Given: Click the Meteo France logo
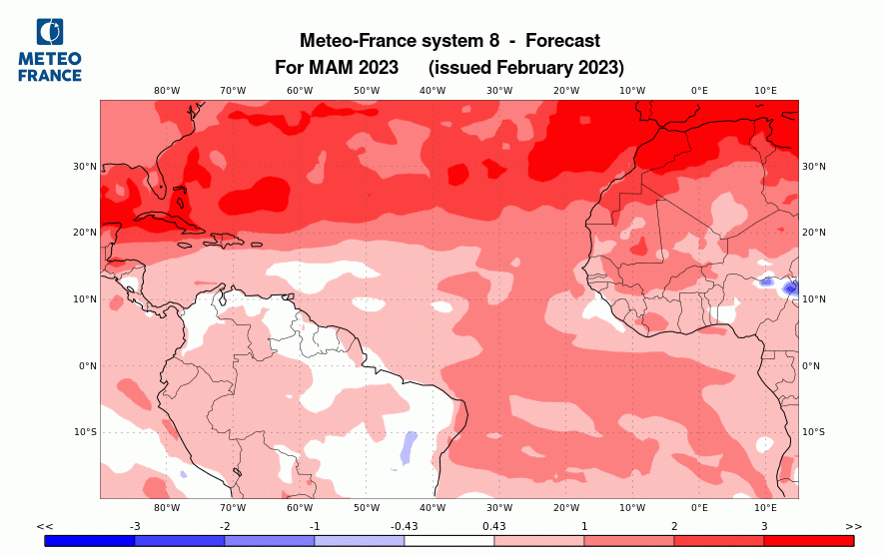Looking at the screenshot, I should (x=50, y=50).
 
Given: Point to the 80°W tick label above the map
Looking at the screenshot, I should (x=167, y=91).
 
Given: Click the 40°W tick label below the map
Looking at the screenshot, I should (x=433, y=508).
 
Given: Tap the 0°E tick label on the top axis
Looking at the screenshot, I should (x=699, y=91).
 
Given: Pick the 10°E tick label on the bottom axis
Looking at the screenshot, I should (x=765, y=508).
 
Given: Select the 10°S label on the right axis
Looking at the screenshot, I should (x=814, y=432).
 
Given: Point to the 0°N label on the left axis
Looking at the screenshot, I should (x=87, y=366).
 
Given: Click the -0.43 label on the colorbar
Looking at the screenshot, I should (x=405, y=526).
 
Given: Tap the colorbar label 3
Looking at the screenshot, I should (x=764, y=526).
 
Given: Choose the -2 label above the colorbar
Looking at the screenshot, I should (x=225, y=526).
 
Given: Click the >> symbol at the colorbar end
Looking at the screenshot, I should (x=853, y=526).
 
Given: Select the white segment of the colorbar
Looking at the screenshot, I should (x=449, y=540).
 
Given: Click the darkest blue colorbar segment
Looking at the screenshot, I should (x=90, y=540).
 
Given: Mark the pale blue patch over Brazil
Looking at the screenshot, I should (x=408, y=447).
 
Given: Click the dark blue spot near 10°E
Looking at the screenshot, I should (x=790, y=287).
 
